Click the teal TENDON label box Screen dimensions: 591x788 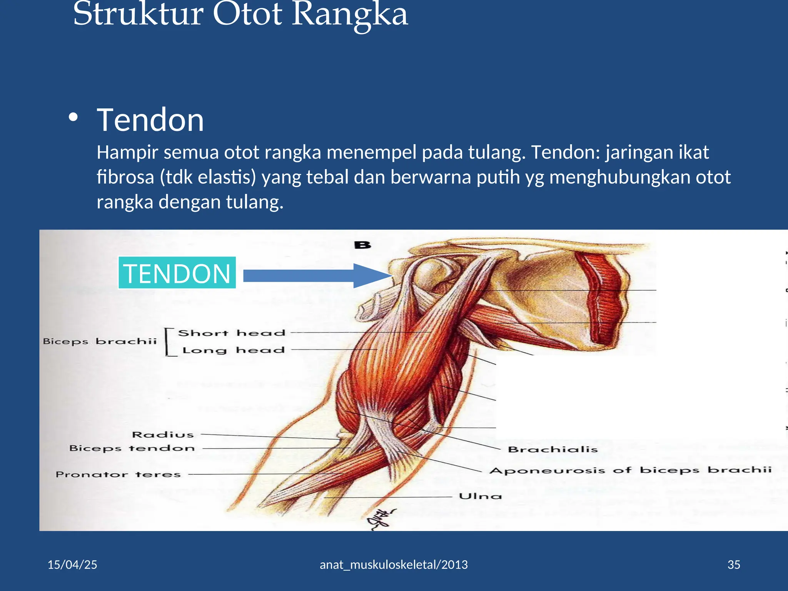(x=177, y=273)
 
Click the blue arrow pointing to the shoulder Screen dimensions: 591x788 (x=316, y=275)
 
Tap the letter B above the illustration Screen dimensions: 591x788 (x=362, y=245)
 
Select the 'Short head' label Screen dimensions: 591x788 (x=232, y=333)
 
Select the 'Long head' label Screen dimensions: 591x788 (x=233, y=350)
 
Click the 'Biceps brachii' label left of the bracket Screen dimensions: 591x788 (x=100, y=341)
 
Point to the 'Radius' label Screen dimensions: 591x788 (x=163, y=434)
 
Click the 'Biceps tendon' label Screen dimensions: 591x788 (x=132, y=448)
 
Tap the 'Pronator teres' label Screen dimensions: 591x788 (x=118, y=474)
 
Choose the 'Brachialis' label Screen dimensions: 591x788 (x=553, y=449)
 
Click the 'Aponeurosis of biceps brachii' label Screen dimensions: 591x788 (x=630, y=470)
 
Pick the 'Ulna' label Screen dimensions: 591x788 (x=480, y=496)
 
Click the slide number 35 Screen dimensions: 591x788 (x=734, y=564)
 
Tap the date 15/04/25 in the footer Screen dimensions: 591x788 (x=72, y=564)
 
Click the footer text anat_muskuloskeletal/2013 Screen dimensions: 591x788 (x=394, y=564)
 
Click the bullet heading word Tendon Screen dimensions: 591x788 (x=150, y=120)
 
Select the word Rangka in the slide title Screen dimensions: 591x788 (x=349, y=15)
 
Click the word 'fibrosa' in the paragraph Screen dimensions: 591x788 (x=125, y=177)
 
